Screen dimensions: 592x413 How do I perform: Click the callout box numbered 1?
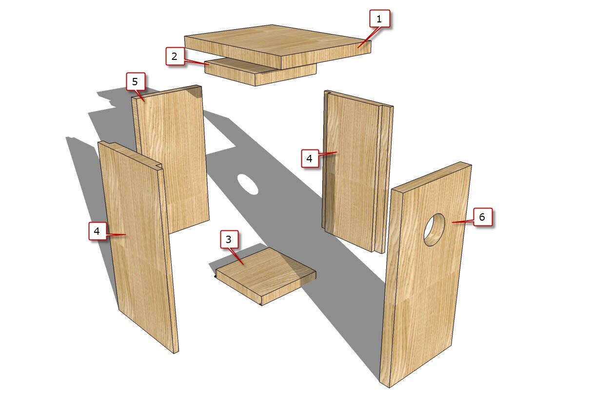pyautogui.click(x=379, y=19)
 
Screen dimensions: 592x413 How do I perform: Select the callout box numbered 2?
pyautogui.click(x=175, y=56)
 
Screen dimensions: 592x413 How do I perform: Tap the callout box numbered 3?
pyautogui.click(x=229, y=239)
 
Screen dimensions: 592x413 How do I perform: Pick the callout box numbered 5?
pyautogui.click(x=136, y=81)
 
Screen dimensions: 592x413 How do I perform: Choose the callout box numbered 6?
pyautogui.click(x=483, y=217)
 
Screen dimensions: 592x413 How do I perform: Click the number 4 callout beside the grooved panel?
pyautogui.click(x=310, y=158)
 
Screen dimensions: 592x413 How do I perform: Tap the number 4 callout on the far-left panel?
pyautogui.click(x=98, y=231)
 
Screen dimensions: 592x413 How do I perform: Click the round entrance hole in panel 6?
pyautogui.click(x=434, y=230)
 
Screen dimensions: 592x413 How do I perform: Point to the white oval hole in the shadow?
pyautogui.click(x=247, y=184)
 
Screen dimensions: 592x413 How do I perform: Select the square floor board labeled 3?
pyautogui.click(x=266, y=276)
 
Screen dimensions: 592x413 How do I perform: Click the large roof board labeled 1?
pyautogui.click(x=277, y=46)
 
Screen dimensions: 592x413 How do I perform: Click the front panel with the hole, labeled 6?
pyautogui.click(x=426, y=275)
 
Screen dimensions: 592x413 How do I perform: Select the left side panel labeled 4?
pyautogui.click(x=138, y=247)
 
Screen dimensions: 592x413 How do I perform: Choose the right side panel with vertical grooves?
pyautogui.click(x=357, y=171)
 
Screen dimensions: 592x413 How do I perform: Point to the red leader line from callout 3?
pyautogui.click(x=237, y=256)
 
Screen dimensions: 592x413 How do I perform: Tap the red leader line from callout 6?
pyautogui.click(x=463, y=222)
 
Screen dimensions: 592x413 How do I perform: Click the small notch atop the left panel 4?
pyautogui.click(x=158, y=166)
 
